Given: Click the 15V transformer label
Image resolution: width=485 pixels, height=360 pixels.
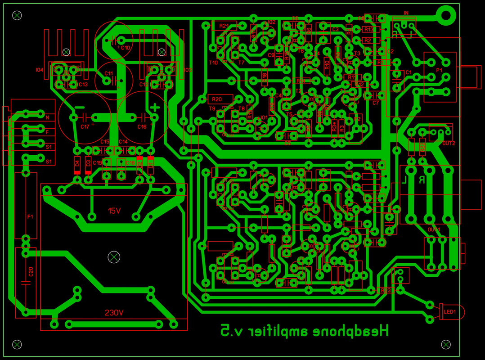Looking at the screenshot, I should point(114,211).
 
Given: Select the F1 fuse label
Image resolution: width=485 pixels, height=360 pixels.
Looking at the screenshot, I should point(30,217).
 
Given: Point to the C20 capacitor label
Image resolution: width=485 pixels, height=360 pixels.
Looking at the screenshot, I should point(31,272).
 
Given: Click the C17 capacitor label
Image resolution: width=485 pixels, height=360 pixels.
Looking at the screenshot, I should point(85,127).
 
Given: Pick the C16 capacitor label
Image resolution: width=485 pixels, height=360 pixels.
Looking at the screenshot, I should point(142,127).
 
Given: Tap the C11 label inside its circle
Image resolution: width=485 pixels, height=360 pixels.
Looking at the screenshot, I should point(108,73).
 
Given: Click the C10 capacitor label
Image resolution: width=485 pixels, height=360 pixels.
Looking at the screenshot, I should point(126,47).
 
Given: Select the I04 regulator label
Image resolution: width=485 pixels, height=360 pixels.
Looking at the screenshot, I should point(40,70).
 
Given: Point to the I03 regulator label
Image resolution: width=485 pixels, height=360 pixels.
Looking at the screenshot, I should point(188,70).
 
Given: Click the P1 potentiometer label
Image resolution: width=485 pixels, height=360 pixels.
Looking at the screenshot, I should point(439,71).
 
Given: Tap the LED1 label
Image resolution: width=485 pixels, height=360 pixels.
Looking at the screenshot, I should point(450,311).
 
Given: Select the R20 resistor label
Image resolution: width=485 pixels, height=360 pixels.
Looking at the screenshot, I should point(217,99).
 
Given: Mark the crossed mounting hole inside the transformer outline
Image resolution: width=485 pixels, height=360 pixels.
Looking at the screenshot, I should point(114,257).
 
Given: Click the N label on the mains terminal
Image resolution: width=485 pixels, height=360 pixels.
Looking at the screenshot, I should point(47,118).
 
